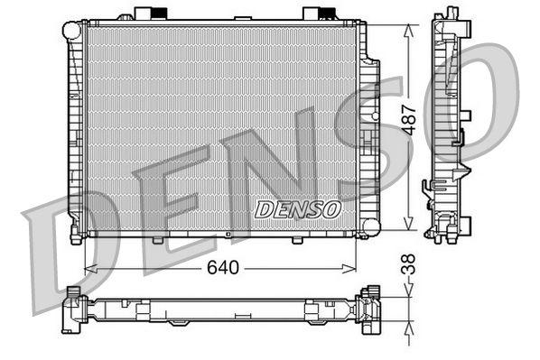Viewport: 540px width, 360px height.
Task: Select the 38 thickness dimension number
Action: coord(411,264)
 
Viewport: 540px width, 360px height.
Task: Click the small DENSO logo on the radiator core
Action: coord(297,209)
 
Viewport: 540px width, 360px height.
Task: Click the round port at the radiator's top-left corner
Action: coord(71,30)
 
